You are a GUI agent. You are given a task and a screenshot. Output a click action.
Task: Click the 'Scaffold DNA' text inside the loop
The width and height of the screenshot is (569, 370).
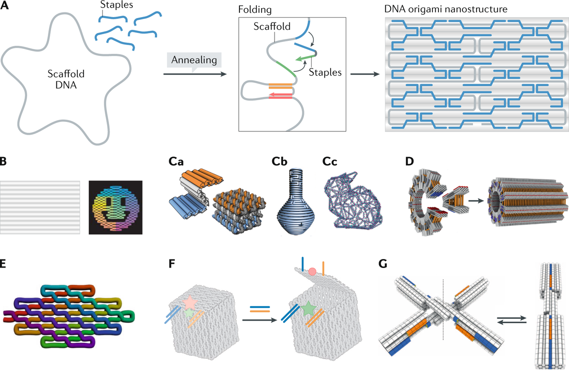65,80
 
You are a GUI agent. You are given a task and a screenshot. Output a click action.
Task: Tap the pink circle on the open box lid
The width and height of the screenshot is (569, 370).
312,272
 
